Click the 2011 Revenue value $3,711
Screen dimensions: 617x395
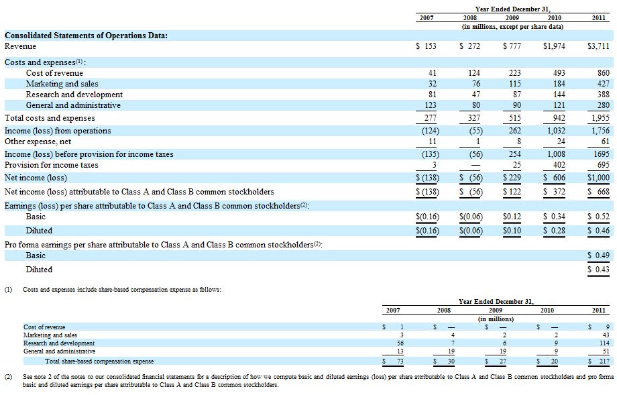598,46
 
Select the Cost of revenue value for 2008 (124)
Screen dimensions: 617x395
474,73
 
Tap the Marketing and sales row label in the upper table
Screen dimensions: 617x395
62,84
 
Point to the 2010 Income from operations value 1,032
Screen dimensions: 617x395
556,131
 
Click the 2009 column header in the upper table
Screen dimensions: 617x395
512,17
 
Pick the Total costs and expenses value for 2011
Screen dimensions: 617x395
600,118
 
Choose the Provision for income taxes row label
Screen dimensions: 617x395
51,165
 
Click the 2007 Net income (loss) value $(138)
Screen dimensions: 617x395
427,178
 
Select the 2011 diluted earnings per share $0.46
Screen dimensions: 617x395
598,231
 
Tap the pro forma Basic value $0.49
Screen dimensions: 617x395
598,256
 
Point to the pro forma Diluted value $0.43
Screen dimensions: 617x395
598,270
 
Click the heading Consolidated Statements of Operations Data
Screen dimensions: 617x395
86,36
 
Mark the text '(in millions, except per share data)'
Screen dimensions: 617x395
512,27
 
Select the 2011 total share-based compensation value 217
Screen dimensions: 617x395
599,361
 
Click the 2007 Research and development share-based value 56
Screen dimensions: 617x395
400,343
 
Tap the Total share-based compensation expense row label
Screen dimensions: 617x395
99,361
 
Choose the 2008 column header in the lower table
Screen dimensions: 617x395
444,311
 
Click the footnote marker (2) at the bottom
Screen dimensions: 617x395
8,377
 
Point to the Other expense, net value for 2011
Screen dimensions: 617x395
606,142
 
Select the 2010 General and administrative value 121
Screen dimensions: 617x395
559,105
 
